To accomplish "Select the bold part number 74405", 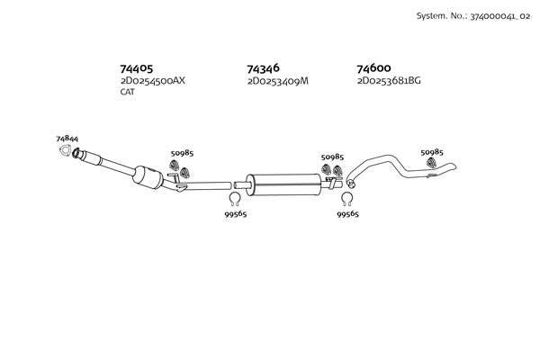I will point(136,68).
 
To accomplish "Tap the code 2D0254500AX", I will point(152,81).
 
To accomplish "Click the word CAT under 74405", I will point(127,92).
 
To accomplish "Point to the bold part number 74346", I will point(264,68).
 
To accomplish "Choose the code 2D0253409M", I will point(278,81).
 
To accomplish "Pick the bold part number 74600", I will point(373,68).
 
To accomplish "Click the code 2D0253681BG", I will point(389,81).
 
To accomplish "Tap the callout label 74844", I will point(66,139).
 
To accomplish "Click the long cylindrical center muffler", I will point(283,184).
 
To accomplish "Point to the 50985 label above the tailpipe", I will point(432,152).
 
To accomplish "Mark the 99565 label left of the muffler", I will point(235,214).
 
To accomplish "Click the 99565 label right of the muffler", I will point(347,214).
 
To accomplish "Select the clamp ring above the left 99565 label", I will point(234,200).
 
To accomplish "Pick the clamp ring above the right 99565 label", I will point(347,200).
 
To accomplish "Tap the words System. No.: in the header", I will point(438,17).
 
